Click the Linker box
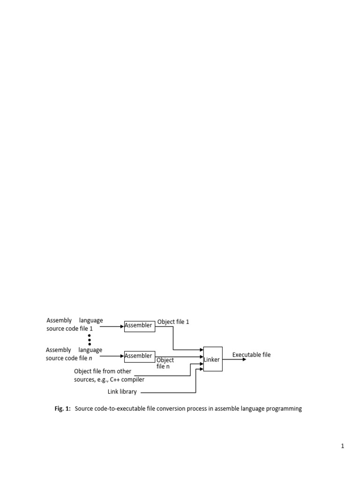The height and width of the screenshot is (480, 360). coord(213,359)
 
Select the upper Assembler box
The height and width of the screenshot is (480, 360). coord(139,326)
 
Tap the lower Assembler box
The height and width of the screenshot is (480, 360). coord(139,356)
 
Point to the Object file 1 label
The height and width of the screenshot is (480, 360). coord(173,322)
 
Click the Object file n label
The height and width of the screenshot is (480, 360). coord(165,363)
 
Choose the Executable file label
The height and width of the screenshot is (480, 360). coord(251,355)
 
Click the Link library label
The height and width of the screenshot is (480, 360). coord(122,392)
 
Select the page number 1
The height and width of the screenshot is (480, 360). coord(343,446)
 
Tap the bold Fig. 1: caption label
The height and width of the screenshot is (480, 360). coord(63,409)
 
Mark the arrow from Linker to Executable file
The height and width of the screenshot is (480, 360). coord(233,360)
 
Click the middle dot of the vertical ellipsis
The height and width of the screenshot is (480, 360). coord(90,339)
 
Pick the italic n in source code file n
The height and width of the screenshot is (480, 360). coord(90,358)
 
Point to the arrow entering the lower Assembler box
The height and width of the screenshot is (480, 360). coord(112,356)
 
